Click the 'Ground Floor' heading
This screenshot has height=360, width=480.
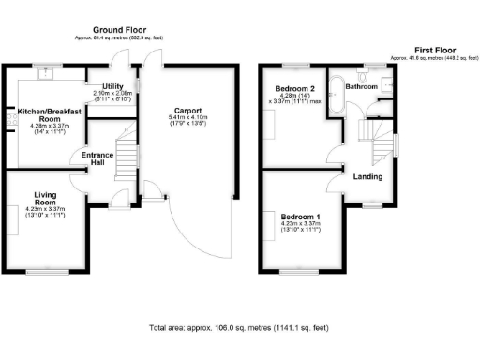pos(118,32)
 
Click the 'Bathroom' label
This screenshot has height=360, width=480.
pos(362,86)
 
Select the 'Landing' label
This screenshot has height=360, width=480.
pos(367,175)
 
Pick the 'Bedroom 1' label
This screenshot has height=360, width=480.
pos(300,217)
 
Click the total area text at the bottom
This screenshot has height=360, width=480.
pos(240,328)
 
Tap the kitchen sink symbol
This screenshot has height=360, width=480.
pos(44,70)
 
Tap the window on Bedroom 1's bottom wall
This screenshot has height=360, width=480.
pos(300,273)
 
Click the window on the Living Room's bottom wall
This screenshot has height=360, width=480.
pos(41,273)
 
